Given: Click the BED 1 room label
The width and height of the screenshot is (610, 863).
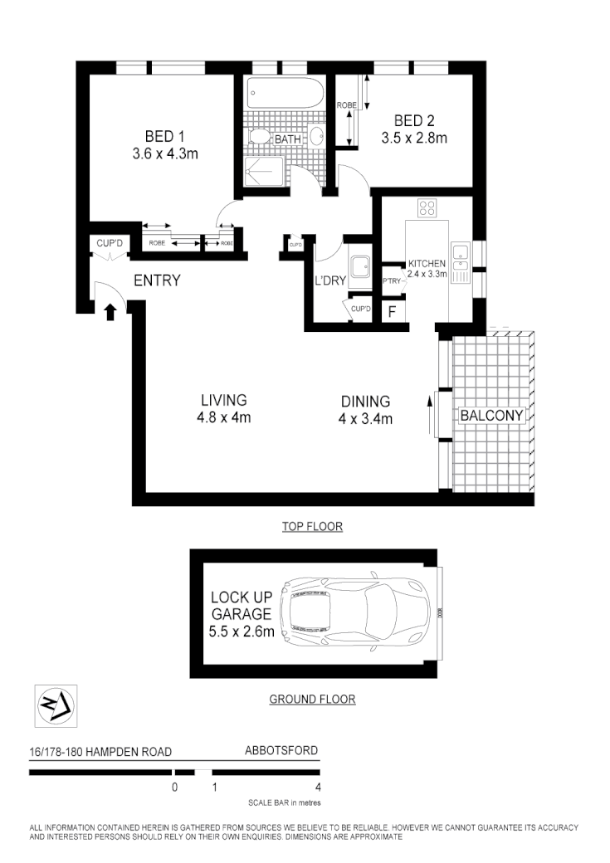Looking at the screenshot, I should pos(164,136).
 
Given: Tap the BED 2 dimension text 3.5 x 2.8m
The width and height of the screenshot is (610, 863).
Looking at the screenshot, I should pos(414,139).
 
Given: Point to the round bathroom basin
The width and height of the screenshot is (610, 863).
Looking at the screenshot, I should pos(317,137).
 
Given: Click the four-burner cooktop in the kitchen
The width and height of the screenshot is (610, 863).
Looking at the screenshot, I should pos(428,209).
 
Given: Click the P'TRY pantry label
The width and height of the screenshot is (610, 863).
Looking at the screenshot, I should pos(392,281).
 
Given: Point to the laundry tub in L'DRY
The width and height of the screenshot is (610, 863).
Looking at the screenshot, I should pos(361,266).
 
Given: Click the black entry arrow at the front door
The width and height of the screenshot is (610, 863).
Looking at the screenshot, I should pos(110,311).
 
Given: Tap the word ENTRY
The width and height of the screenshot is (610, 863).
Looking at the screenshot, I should pos(157,280).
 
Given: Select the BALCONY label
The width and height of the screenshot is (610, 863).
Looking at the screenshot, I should pos(492,415).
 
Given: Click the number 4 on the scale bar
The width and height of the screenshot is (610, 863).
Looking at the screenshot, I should pos(319,787).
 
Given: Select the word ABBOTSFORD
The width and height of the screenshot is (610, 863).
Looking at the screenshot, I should pos(281,751).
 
